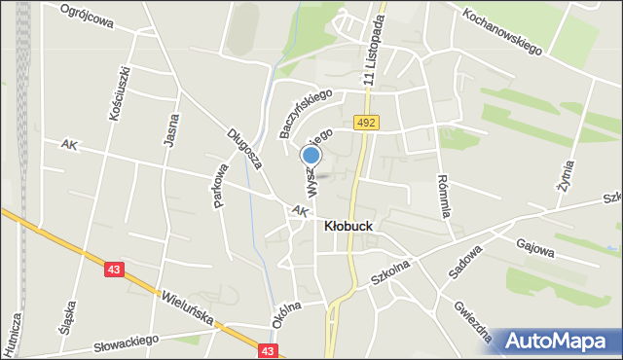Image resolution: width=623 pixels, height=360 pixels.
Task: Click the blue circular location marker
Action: pyautogui.click(x=311, y=156)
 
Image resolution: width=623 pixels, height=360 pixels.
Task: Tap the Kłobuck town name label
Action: pyautogui.click(x=348, y=225)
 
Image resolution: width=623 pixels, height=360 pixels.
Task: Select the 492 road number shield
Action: pyautogui.click(x=366, y=123)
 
